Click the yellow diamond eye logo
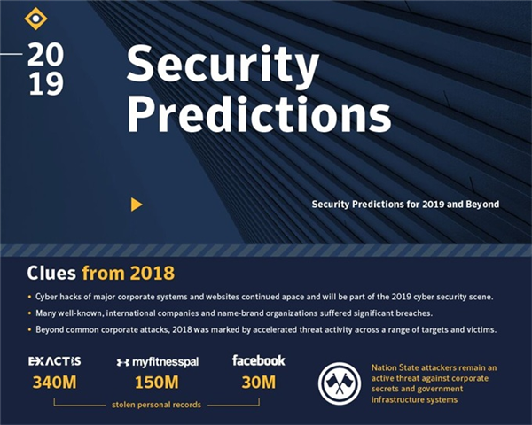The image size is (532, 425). point(35,18)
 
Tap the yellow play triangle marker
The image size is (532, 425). point(137,205)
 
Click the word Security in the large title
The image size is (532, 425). point(223,65)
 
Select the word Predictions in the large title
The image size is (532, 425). point(259,114)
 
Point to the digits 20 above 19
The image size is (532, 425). point(45,55)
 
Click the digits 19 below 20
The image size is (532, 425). point(46,84)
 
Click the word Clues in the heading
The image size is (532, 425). point(51,273)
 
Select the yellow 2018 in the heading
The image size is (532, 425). point(153,273)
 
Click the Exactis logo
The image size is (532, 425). point(55,361)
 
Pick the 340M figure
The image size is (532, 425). point(55,382)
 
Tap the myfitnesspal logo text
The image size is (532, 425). point(165,362)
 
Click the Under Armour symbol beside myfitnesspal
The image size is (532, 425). point(123,362)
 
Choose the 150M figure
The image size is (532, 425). point(157,382)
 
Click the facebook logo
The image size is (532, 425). point(259,360)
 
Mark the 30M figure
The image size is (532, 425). point(259,382)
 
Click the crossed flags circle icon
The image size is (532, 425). point(340,383)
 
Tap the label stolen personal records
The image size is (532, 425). point(156,405)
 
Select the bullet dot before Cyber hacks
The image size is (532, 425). point(29,297)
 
